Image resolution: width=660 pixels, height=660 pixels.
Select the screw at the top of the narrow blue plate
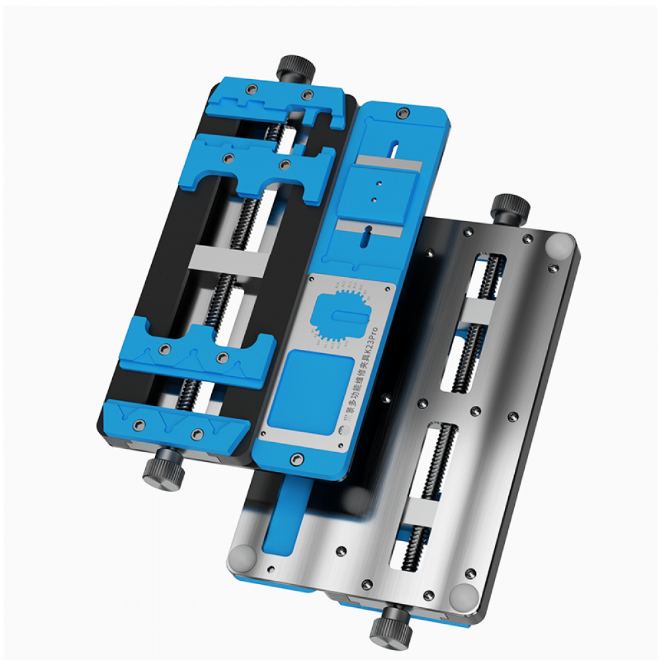tap(401, 115)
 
